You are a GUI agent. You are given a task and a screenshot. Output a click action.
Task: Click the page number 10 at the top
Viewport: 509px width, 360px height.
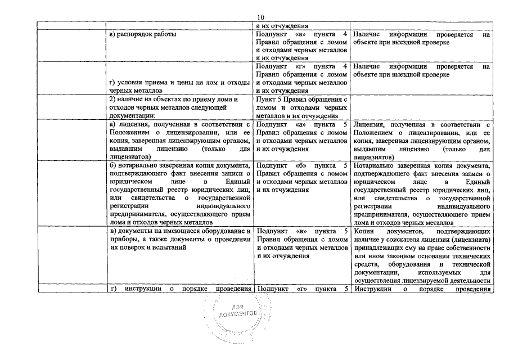tap(259, 17)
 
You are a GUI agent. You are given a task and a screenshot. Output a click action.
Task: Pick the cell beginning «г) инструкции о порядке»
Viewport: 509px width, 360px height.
tap(179, 289)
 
